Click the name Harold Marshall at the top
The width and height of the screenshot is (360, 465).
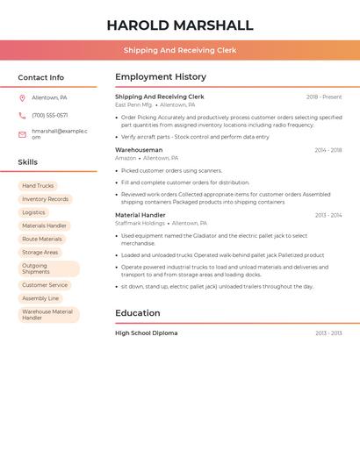[179, 25]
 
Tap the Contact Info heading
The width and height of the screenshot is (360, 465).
[40, 77]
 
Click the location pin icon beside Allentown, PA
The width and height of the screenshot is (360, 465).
[22, 97]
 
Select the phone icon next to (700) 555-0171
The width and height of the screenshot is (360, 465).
[22, 115]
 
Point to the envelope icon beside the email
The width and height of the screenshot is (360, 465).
[22, 134]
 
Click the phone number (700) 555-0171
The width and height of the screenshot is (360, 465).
[49, 115]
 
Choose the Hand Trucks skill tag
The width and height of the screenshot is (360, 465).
[38, 186]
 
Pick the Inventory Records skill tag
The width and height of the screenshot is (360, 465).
[45, 199]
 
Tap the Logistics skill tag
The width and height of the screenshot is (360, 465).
[33, 212]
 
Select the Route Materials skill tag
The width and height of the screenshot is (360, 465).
[42, 239]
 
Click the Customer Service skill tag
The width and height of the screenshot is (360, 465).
[45, 285]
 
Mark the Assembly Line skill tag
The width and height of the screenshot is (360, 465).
[40, 298]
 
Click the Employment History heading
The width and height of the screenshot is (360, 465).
[161, 77]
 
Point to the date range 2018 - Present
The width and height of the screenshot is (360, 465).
[324, 97]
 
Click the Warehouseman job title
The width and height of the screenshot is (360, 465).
[139, 150]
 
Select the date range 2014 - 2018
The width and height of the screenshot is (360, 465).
[328, 150]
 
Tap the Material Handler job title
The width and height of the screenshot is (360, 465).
[140, 215]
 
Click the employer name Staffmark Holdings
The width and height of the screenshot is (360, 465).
[140, 223]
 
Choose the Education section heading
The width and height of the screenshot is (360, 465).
[138, 313]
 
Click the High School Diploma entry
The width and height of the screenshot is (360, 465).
[146, 333]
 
